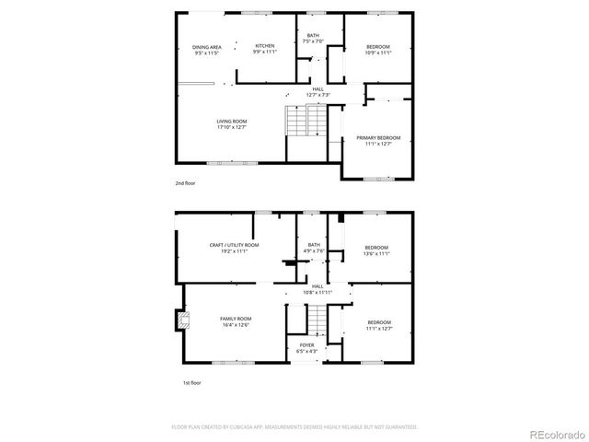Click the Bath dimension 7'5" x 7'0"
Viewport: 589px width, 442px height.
pos(313,41)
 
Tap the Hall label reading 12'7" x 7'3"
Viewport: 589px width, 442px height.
pos(318,92)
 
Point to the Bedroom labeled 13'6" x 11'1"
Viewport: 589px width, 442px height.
pos(376,250)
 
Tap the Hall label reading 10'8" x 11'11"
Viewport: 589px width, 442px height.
pos(318,289)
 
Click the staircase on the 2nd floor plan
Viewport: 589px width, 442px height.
pos(305,120)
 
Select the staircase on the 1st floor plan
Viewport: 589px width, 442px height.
pos(318,321)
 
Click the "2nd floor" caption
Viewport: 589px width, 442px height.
pos(186,183)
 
